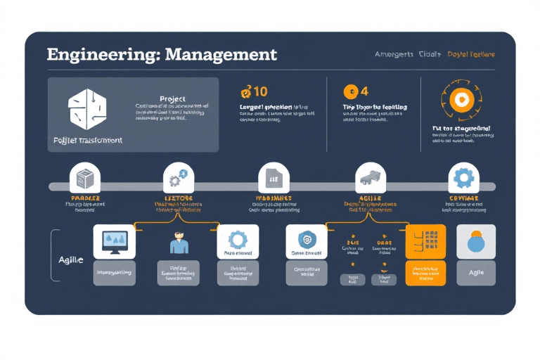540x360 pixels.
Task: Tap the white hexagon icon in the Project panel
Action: coord(86,108)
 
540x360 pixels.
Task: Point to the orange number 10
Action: coord(255,91)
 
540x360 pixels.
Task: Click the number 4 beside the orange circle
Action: coord(364,91)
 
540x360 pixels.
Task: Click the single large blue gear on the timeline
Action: coord(463,177)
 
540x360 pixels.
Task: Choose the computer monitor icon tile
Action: coord(115,241)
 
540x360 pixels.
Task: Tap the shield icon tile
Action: coord(307,240)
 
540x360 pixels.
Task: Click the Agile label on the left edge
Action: coord(70,259)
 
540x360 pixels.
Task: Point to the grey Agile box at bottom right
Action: coord(476,272)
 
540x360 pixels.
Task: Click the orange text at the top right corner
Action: coord(471,54)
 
